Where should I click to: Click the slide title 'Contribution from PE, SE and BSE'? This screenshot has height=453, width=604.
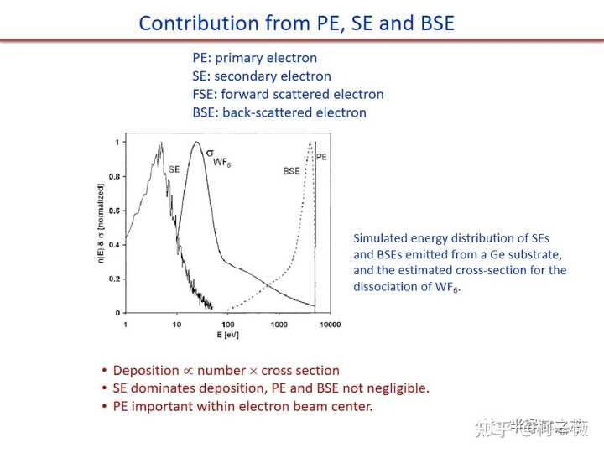pos(296,23)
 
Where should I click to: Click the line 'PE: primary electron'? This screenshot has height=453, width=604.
pos(254,58)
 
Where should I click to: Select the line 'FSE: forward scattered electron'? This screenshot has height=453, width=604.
pos(288,94)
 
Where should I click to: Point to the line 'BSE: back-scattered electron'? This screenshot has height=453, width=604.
pos(279,112)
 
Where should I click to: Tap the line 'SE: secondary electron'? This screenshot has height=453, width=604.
pos(261,76)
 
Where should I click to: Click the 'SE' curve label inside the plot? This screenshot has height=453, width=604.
pos(174,169)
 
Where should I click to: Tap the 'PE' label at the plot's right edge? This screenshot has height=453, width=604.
pos(323,156)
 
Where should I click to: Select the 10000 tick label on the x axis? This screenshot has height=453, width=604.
pos(330,325)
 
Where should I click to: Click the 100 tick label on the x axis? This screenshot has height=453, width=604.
pos(228,325)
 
